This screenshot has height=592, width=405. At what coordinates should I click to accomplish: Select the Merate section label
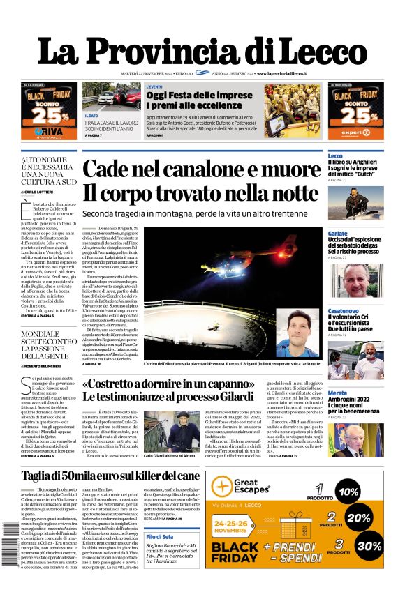pyautogui.click(x=337, y=393)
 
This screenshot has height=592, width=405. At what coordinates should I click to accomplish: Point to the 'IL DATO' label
pyautogui.click(x=91, y=116)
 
